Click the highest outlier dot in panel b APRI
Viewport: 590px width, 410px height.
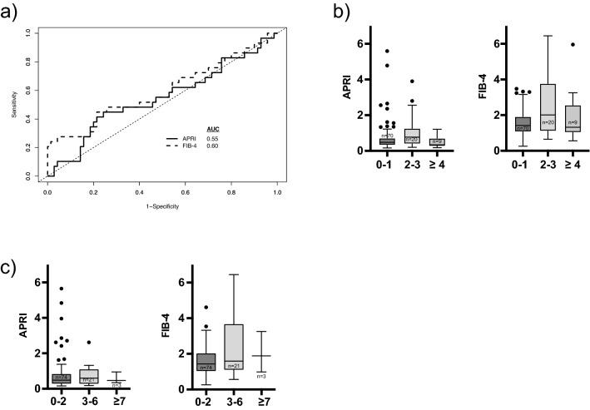click(385, 51)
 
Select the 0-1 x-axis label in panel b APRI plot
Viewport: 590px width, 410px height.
click(385, 163)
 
